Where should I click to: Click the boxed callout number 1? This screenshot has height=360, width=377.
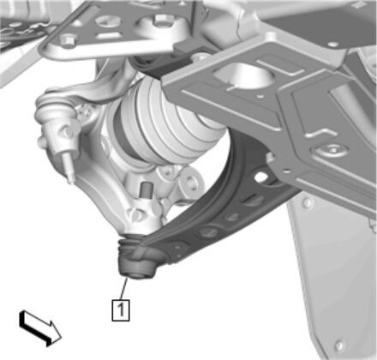click(121, 309)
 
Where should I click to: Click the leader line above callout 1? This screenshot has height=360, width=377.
click(123, 289)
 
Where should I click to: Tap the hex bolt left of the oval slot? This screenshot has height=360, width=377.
click(68, 40)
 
